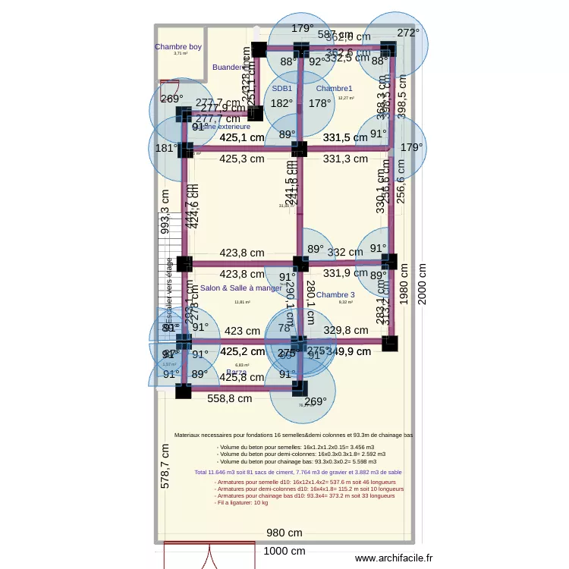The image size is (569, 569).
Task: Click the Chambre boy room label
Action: click(178, 47)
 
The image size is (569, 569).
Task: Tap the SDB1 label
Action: click(282, 89)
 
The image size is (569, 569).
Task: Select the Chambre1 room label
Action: click(335, 89)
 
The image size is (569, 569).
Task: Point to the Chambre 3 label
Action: click(335, 295)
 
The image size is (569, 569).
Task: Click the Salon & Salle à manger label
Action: click(240, 288)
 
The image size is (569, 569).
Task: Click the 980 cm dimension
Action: click(284, 533)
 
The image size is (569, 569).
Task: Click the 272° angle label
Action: click(408, 33)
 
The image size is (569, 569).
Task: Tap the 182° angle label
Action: click(281, 103)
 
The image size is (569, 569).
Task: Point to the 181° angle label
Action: click(166, 148)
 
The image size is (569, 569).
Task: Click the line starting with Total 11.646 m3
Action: click(298, 472)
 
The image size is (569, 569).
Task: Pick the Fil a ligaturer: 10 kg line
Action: click(242, 502)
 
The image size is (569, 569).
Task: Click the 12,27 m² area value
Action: click(346, 98)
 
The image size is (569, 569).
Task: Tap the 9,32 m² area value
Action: click(345, 303)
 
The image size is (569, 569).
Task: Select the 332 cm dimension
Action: click(345, 252)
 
